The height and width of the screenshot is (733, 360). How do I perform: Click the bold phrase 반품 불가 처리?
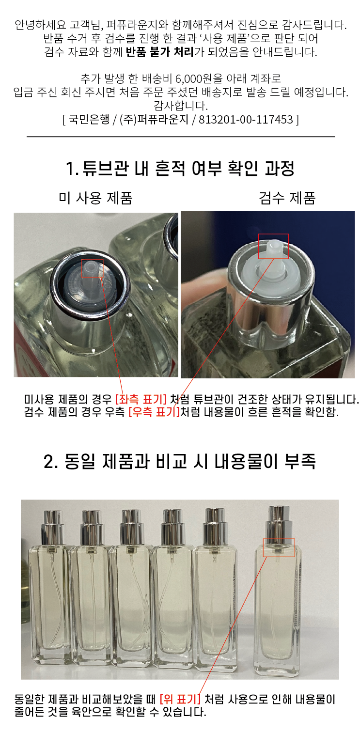[x=160, y=52]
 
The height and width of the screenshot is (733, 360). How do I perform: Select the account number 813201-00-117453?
[x=246, y=120]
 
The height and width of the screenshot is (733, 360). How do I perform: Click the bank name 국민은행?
[x=89, y=120]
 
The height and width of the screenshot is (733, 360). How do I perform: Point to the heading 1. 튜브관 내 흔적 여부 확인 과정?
[x=180, y=169]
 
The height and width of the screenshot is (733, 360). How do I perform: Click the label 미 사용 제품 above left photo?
[x=95, y=198]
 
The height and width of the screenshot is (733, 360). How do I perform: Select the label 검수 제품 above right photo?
[x=287, y=198]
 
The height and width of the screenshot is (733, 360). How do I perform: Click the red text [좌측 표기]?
[x=141, y=399]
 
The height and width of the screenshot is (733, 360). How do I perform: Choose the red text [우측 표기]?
[x=155, y=412]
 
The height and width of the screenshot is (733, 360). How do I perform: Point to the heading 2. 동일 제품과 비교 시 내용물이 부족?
[x=180, y=461]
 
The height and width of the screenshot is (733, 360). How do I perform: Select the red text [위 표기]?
[x=180, y=699]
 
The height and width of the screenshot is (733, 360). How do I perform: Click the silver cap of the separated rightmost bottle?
[x=279, y=523]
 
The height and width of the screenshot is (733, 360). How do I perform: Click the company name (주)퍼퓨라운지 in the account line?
[x=154, y=120]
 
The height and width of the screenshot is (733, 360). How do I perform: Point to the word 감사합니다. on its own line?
[x=180, y=106]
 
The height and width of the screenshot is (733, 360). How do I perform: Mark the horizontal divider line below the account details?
[x=181, y=137]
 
